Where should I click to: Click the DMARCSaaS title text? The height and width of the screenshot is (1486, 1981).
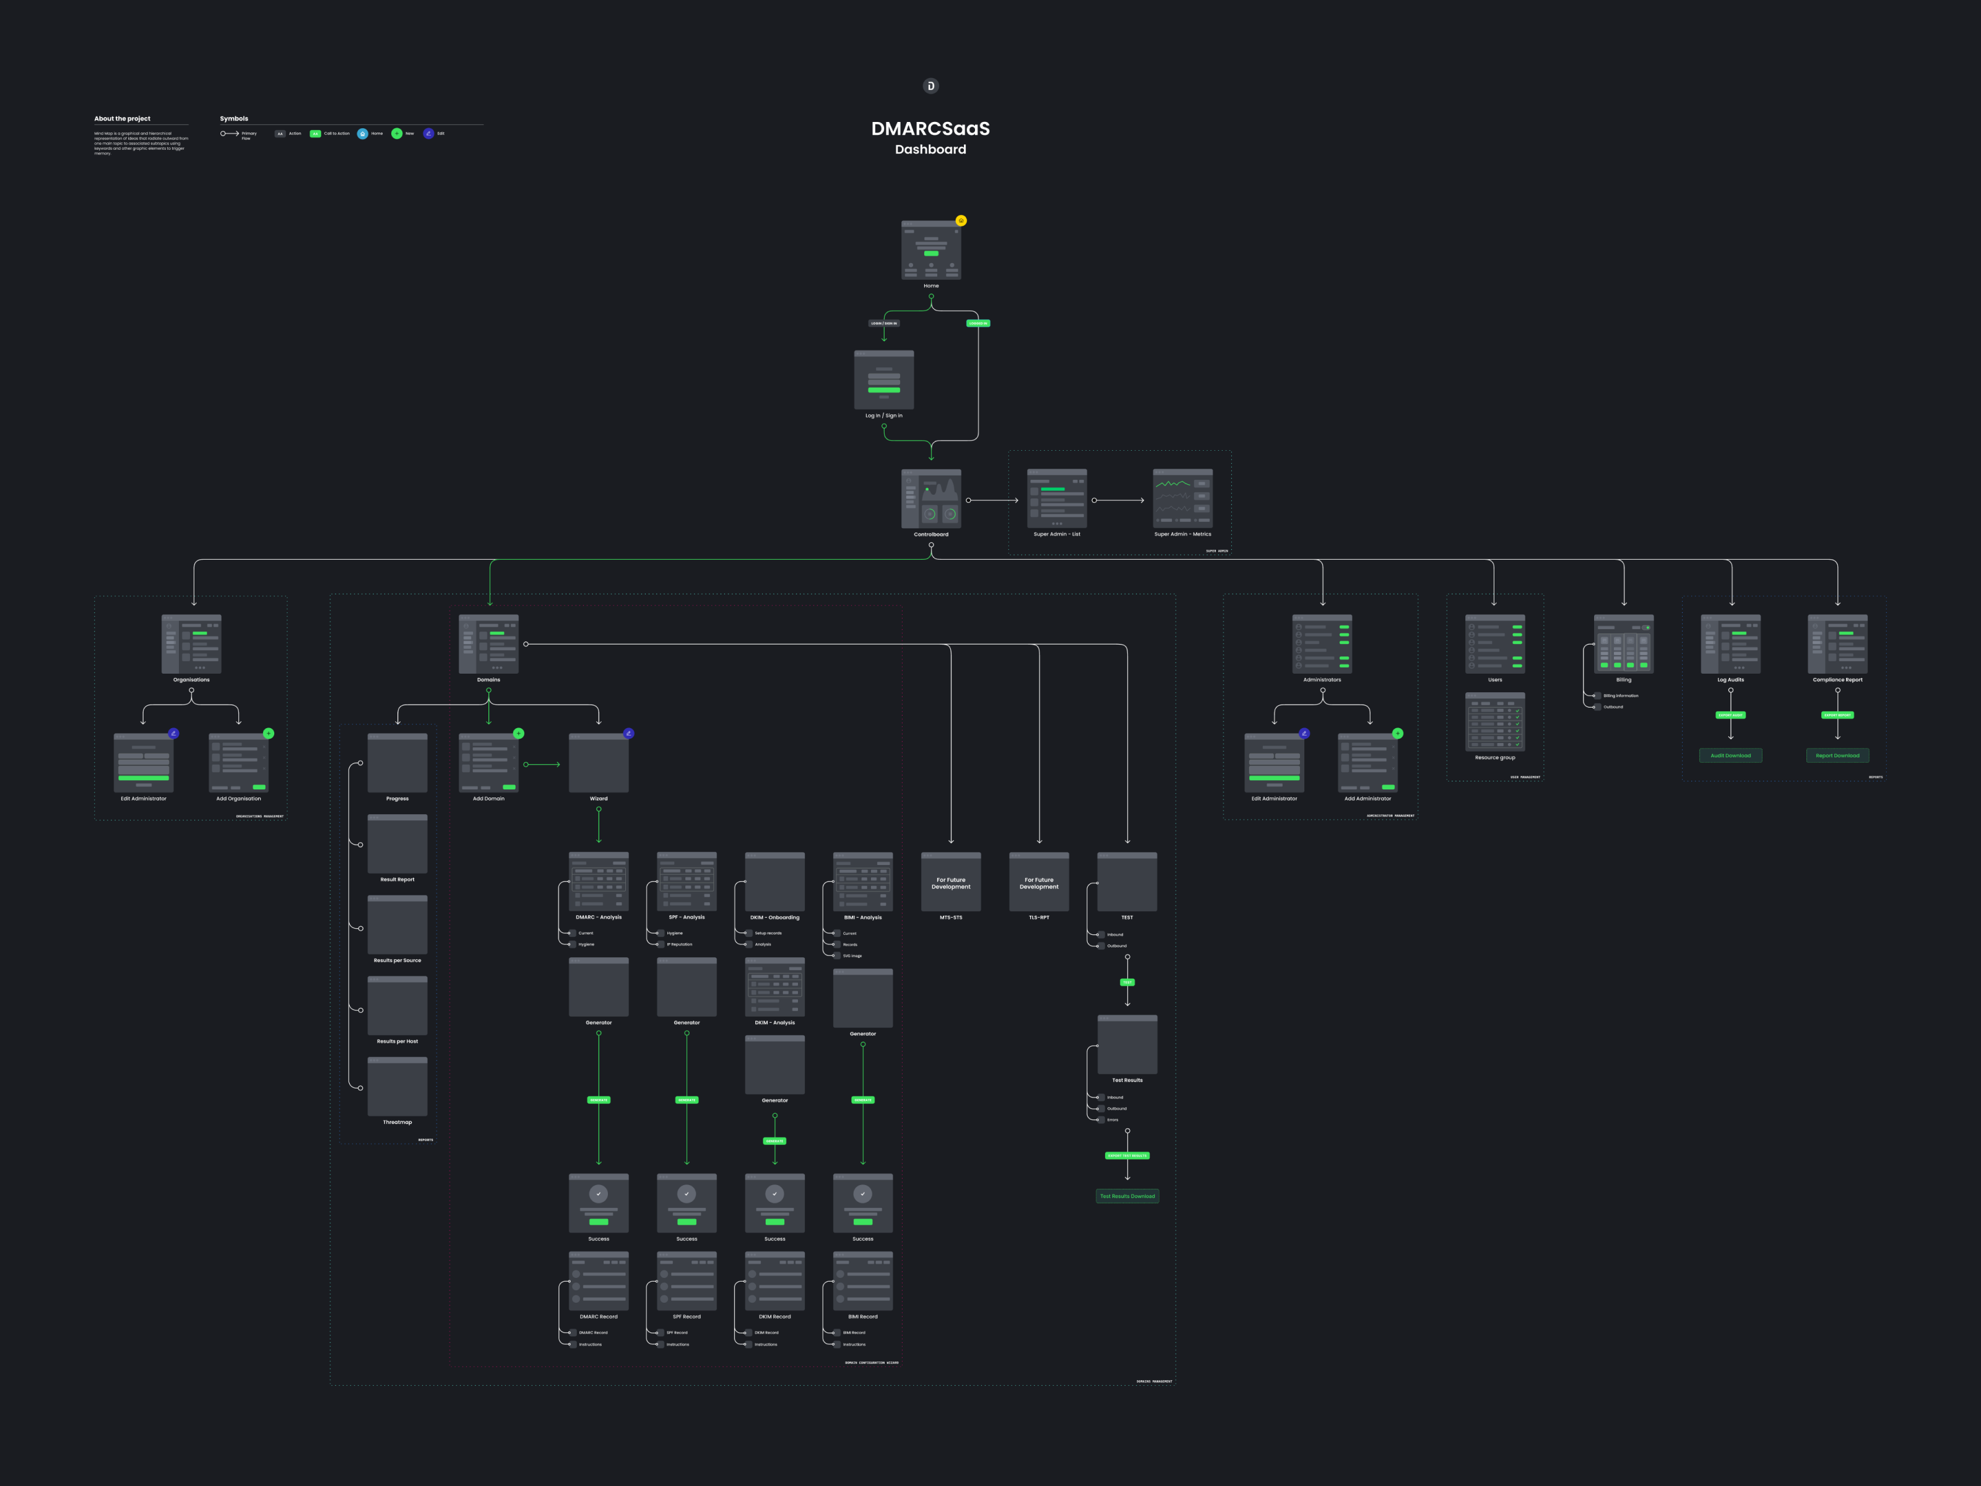tap(930, 129)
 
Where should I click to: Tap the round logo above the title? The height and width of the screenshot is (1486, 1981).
tap(930, 86)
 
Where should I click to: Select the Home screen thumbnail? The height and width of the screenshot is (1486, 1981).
tap(930, 250)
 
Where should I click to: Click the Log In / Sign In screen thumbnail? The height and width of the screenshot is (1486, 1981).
tap(884, 380)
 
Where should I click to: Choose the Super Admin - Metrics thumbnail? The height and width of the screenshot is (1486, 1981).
tap(1182, 498)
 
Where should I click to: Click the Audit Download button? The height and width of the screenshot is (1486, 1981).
tap(1730, 755)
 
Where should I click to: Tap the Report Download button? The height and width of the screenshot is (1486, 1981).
tap(1837, 755)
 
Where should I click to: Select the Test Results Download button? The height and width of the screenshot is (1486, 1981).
tap(1127, 1196)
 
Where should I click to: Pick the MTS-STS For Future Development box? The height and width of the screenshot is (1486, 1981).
tap(950, 882)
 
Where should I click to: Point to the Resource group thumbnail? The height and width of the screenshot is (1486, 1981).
tap(1494, 722)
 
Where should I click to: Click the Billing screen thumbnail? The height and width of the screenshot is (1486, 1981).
tap(1623, 644)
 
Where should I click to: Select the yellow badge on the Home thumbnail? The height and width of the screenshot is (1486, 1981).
tap(961, 220)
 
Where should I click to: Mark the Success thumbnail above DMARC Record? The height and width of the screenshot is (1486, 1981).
tap(598, 1203)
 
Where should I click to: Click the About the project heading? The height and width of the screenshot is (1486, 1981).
tap(123, 118)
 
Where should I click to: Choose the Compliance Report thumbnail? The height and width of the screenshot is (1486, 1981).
tap(1837, 644)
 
